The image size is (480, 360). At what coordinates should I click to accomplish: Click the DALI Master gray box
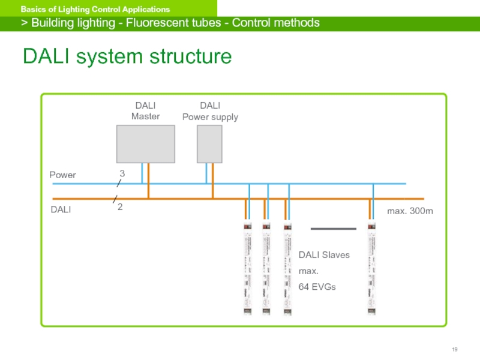pos(146,144)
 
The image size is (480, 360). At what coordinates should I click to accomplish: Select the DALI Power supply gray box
pos(209,144)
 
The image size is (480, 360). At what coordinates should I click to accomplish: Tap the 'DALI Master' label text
pos(146,112)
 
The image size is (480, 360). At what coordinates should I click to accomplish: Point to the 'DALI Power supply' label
pos(210,112)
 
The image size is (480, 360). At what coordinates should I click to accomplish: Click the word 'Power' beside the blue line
pos(62,175)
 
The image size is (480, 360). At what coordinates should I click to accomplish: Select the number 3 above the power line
pos(122,173)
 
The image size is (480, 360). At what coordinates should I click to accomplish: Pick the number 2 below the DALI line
pos(120,206)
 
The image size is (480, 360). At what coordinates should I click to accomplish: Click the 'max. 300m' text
pos(410,212)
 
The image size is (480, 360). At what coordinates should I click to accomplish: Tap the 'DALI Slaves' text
pos(324,255)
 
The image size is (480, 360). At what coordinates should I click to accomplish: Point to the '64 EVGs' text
pos(317,287)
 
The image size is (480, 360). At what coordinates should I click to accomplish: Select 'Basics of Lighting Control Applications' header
pos(95,10)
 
